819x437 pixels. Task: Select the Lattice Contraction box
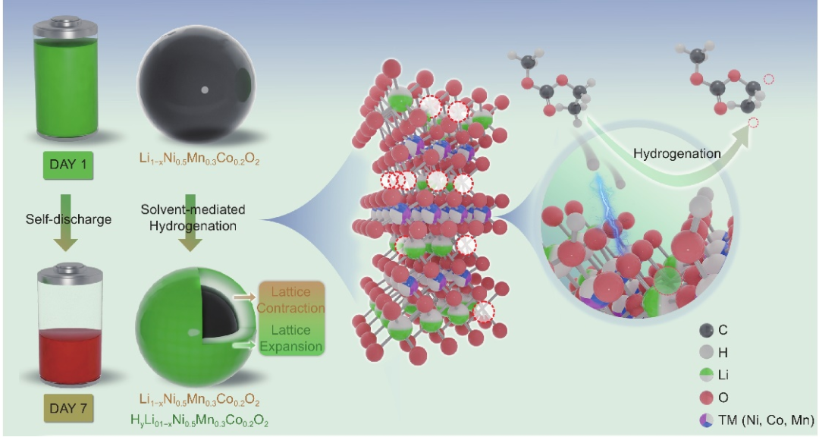point(291,299)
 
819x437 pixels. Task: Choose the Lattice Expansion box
point(291,338)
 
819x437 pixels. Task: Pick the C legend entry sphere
point(708,330)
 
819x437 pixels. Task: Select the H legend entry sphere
point(708,352)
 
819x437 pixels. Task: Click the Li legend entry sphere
point(708,374)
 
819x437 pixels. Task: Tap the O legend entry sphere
point(708,397)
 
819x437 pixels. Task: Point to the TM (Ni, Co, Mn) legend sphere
point(708,419)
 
